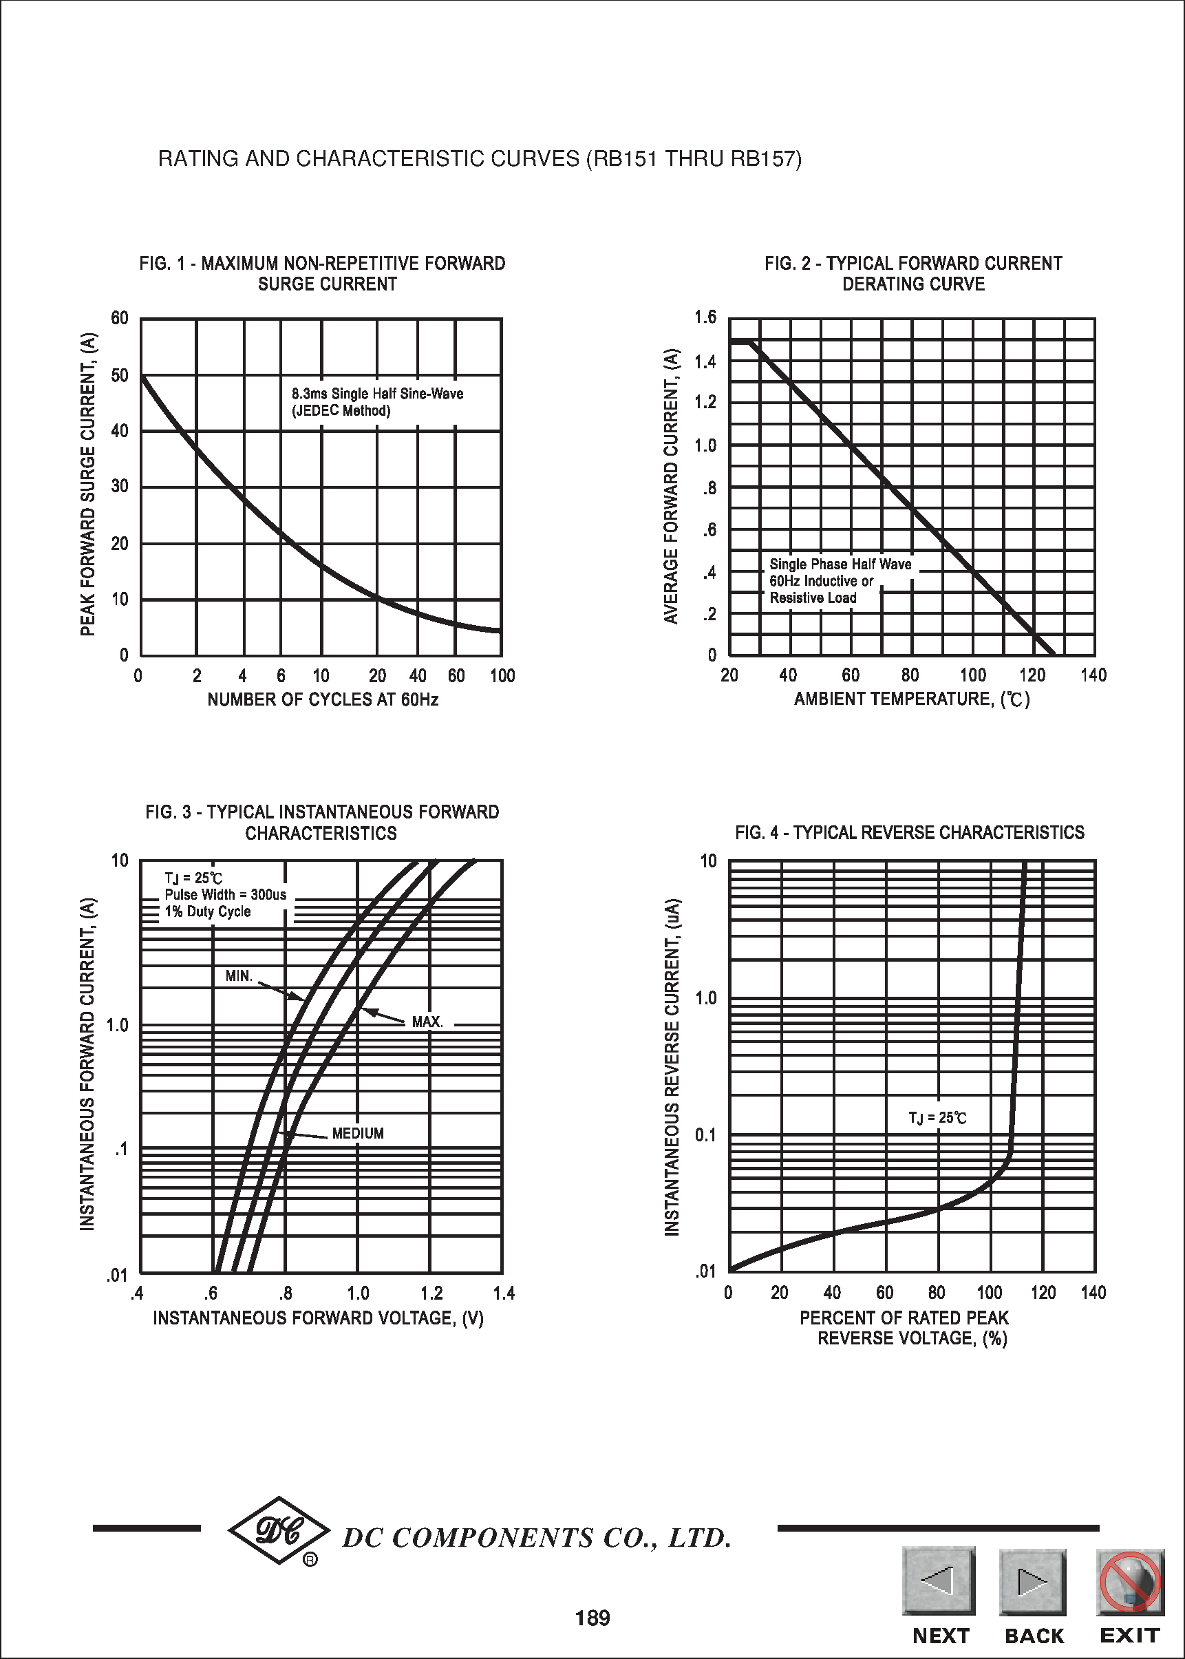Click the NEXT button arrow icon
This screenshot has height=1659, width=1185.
939,1581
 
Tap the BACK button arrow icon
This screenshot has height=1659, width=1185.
1032,1582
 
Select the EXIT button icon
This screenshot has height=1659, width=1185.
1129,1582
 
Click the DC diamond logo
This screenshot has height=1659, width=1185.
279,1530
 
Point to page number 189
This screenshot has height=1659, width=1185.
592,1619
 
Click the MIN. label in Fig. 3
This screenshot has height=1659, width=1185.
239,977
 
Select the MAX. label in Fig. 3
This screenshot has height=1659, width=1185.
427,1022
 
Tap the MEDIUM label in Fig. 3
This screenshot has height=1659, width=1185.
358,1134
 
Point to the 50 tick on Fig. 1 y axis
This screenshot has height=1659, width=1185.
120,375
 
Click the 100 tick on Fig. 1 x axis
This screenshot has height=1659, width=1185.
502,676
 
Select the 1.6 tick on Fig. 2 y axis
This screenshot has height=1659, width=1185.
705,317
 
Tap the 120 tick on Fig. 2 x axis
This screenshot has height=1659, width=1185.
1032,675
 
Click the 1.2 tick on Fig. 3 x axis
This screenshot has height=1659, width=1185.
431,1294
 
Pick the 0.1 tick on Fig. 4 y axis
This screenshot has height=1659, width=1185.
705,1135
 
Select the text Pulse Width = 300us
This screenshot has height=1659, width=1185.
226,895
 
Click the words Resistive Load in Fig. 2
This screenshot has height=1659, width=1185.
813,598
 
